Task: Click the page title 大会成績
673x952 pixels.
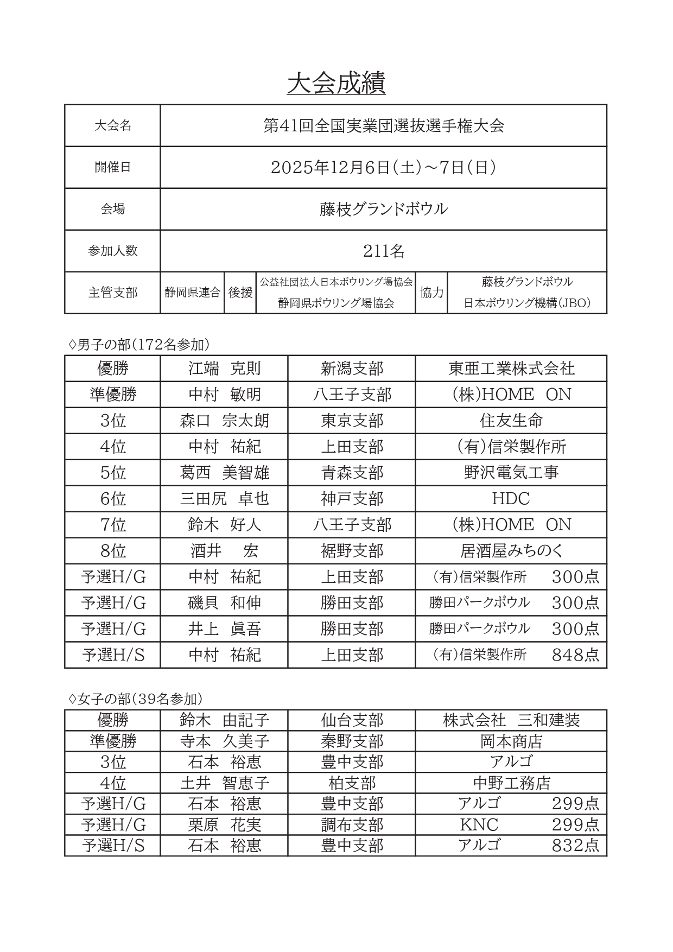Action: (x=336, y=84)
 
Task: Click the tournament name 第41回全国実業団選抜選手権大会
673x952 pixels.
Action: (x=383, y=126)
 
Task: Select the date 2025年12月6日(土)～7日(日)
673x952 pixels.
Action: (x=383, y=168)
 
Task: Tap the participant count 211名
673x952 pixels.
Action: (x=383, y=251)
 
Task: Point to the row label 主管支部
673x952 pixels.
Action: (x=113, y=293)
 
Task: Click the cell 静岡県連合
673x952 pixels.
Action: (x=192, y=293)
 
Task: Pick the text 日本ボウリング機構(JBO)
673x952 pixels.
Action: (x=526, y=303)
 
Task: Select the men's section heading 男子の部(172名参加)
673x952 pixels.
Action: (x=140, y=345)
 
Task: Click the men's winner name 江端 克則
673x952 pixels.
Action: (x=224, y=369)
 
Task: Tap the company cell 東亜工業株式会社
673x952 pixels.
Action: (x=511, y=369)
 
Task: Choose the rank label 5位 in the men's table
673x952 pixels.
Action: (x=113, y=473)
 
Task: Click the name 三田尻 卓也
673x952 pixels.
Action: (x=224, y=499)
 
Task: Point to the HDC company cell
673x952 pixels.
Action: (x=511, y=499)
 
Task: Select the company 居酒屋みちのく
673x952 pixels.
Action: (x=511, y=551)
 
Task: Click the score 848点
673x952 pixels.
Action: (x=575, y=655)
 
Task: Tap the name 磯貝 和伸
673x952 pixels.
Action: (x=224, y=603)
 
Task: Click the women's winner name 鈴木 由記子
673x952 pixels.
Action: (x=224, y=721)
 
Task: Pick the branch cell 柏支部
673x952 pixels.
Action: (x=352, y=783)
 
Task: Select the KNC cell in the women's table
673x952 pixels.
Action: (x=479, y=825)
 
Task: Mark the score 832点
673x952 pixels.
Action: (x=575, y=846)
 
